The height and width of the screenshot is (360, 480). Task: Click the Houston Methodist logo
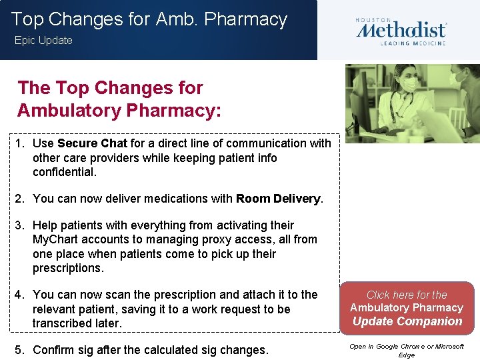pos(401,31)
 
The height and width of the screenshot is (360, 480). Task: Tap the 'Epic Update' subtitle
pos(43,41)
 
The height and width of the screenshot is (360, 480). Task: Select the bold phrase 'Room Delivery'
pos(278,198)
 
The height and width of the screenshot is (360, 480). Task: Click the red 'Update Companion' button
pos(407,308)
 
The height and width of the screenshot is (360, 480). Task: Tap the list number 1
pos(21,143)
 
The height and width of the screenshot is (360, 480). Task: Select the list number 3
pos(21,225)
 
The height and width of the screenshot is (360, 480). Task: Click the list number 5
pos(21,350)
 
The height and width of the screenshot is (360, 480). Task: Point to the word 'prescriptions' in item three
pos(67,268)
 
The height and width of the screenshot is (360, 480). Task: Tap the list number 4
pos(21,295)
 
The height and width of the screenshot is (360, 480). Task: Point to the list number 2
pos(21,198)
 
